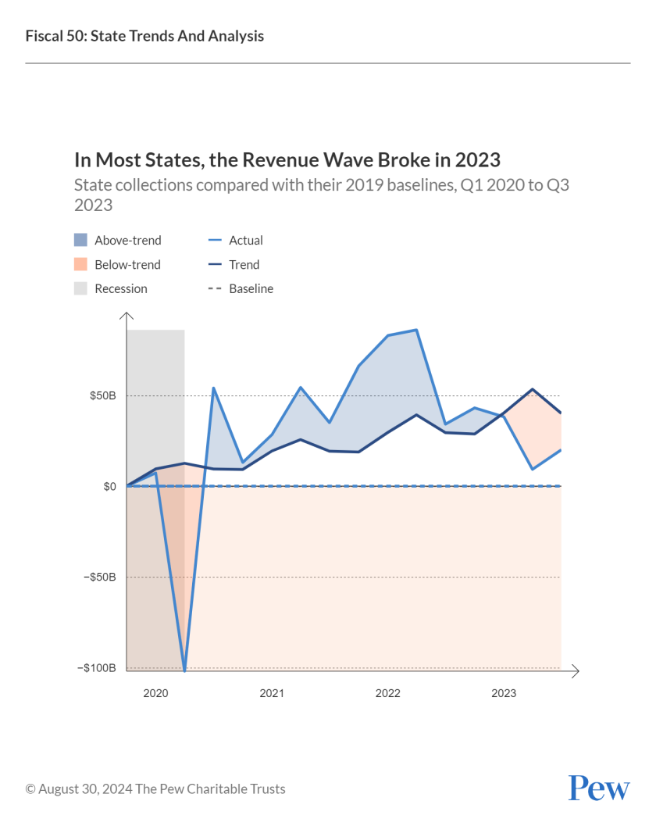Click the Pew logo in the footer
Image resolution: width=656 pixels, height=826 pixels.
click(598, 788)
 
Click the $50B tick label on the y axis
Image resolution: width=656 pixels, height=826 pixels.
click(102, 395)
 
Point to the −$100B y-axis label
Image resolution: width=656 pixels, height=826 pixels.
click(96, 668)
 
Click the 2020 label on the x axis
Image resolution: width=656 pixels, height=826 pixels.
click(155, 693)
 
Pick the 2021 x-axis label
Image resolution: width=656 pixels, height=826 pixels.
click(272, 693)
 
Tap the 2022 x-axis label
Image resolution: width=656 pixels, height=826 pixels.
click(387, 693)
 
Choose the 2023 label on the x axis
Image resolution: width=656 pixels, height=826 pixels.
click(504, 693)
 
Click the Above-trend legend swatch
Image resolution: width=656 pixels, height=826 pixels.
click(81, 241)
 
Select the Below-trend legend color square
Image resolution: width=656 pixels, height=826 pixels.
click(81, 265)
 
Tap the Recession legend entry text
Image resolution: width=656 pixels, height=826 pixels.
click(121, 289)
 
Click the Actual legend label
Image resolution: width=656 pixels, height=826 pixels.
click(246, 241)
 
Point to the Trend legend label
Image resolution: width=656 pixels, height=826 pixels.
click(244, 265)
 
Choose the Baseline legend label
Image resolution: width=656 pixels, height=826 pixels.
click(251, 289)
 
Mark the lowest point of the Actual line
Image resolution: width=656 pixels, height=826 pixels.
click(184, 670)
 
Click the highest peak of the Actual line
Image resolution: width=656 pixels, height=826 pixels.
click(416, 330)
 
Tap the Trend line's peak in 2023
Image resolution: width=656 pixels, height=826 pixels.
click(533, 389)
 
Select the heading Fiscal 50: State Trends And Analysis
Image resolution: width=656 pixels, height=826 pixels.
click(144, 36)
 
